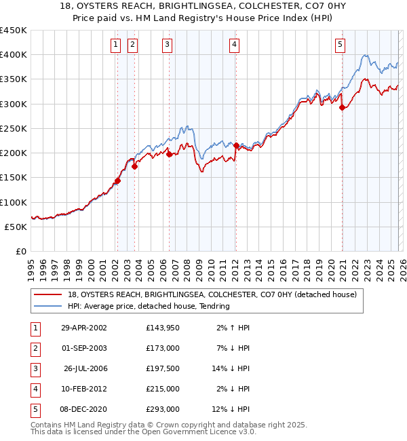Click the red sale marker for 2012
(x=236, y=146)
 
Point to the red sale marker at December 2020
(x=342, y=107)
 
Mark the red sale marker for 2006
(x=169, y=154)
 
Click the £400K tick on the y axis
(x=14, y=55)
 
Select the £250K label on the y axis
(x=14, y=129)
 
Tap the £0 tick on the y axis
(x=20, y=252)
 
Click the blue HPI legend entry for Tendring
(x=149, y=307)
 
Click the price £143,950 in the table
(x=162, y=328)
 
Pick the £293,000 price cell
(x=162, y=409)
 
